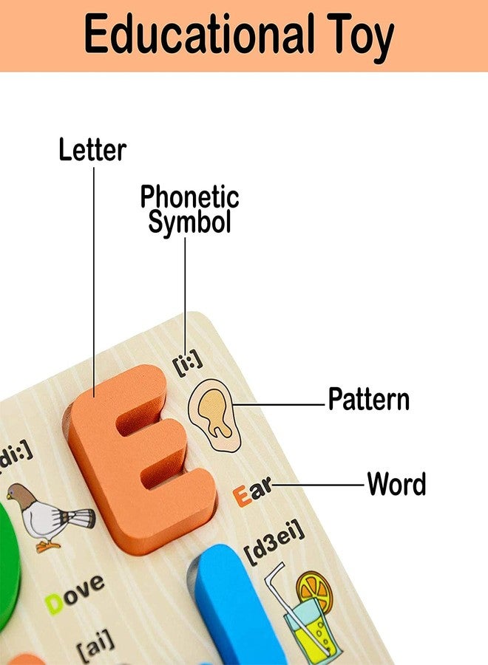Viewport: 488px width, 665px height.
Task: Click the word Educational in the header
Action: point(199,33)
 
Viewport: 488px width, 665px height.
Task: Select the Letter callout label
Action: point(92,150)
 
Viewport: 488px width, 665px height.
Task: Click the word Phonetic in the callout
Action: point(190,197)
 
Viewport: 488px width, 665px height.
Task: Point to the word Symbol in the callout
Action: point(189,222)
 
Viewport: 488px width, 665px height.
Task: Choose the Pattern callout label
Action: point(369,399)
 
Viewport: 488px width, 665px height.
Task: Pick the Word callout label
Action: point(396,484)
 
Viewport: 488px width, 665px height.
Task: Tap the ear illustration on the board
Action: point(214,415)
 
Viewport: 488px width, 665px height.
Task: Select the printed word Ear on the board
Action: point(252,491)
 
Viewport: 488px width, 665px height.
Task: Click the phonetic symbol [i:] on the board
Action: point(188,363)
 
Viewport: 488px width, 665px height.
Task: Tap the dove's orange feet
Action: point(47,545)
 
